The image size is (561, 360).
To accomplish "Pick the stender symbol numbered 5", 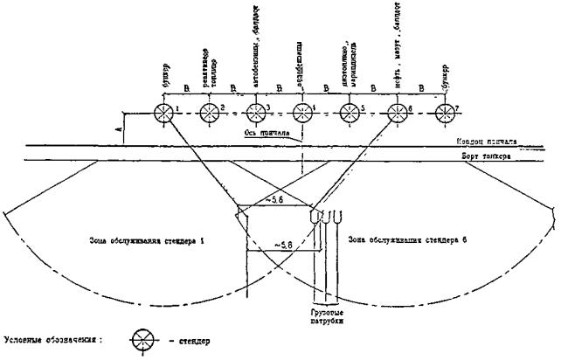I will pos(350,113).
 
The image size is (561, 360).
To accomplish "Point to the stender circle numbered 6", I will pos(396,113).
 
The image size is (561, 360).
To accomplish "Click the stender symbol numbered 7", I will pos(442,113).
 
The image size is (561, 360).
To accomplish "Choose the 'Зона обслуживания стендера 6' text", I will pos(405,238).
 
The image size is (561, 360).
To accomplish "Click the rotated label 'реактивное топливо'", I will pos(210,75).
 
